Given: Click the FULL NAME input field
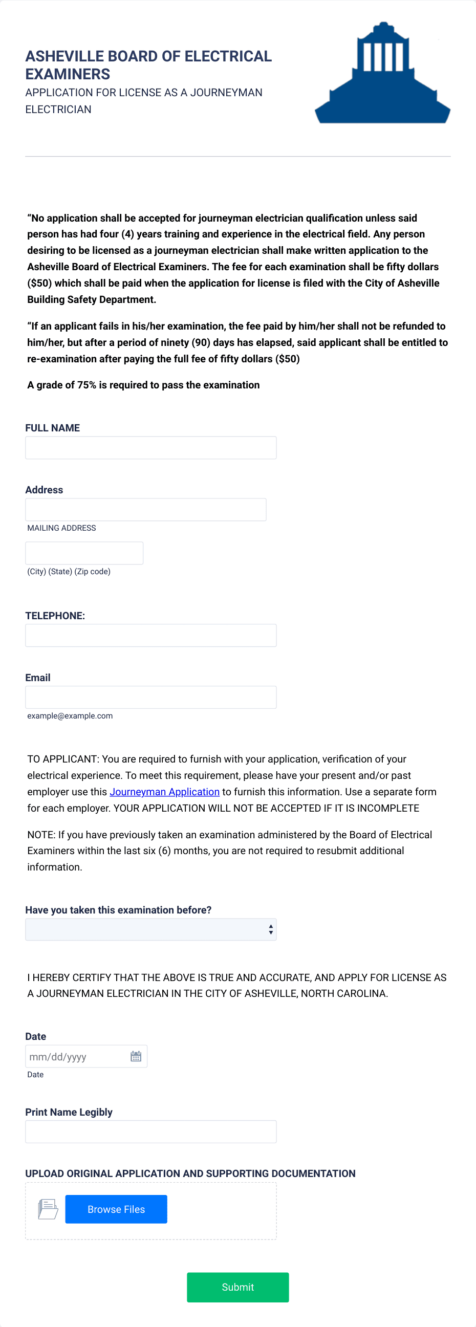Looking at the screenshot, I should click(x=150, y=448).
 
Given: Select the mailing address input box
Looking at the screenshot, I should click(x=145, y=510).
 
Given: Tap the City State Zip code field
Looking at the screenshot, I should click(x=84, y=553).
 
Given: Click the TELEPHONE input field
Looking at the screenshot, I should click(x=150, y=635).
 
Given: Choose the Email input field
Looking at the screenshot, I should click(x=150, y=697).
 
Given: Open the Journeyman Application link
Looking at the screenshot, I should click(x=164, y=792).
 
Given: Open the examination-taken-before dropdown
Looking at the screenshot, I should click(x=150, y=929).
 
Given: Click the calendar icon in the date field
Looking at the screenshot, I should click(x=136, y=1057).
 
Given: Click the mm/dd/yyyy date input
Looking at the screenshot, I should click(x=75, y=1057).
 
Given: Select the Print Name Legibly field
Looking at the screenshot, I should click(x=150, y=1132).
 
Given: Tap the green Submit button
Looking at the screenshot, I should click(x=237, y=1287).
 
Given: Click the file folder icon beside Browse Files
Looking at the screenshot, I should click(x=48, y=1209).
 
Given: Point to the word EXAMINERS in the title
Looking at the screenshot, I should click(x=68, y=74).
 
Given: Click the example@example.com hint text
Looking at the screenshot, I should click(x=70, y=715).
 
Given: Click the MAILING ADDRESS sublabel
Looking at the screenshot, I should click(x=61, y=528).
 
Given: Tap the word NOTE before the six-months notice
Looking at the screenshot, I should click(x=41, y=835).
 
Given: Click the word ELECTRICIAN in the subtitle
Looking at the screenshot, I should click(x=58, y=109).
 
